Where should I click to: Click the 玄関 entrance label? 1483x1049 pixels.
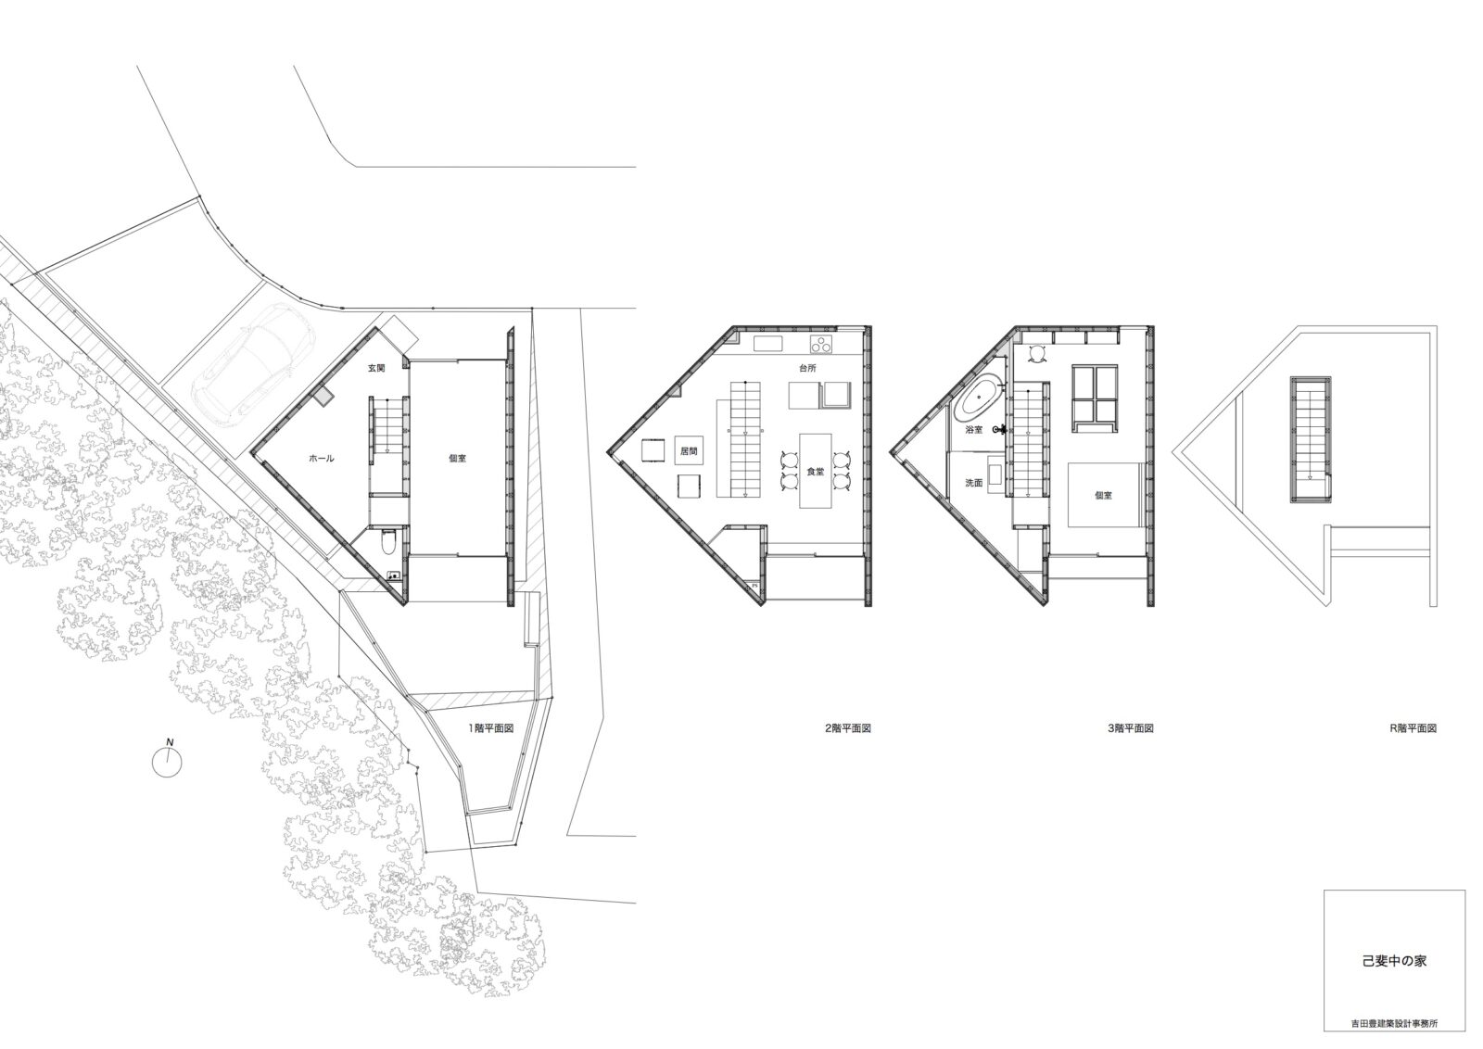coord(376,368)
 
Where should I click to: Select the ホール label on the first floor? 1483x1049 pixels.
coord(321,458)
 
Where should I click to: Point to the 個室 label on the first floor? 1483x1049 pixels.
coord(457,458)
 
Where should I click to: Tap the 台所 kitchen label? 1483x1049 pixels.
coord(807,368)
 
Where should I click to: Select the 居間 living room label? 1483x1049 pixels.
coord(689,451)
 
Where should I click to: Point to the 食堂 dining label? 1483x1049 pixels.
coord(815,472)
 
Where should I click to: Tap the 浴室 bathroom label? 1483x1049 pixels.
coord(974,430)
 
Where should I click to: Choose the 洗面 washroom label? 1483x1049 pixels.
coord(974,483)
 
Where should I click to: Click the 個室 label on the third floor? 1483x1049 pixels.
coord(1103,495)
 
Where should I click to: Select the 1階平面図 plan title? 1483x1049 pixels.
coord(491,728)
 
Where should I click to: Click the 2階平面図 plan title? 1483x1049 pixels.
coord(847,728)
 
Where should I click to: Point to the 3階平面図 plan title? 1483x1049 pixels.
coord(1131,728)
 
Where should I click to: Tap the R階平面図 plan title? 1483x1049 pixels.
coord(1413,728)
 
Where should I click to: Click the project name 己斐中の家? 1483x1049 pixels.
coord(1394,979)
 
